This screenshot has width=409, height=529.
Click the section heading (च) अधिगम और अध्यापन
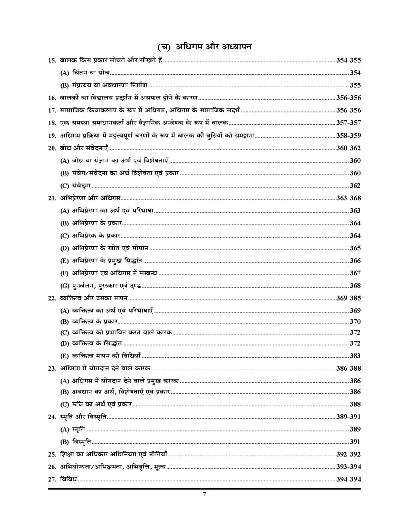click(x=204, y=47)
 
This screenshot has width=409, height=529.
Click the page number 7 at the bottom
click(x=204, y=494)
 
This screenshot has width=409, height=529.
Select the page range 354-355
click(x=348, y=60)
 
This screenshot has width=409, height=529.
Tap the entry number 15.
click(x=52, y=61)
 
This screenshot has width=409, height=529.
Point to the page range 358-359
click(x=348, y=136)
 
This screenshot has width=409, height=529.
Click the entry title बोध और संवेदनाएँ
click(x=84, y=148)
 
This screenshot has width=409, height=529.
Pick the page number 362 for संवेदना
click(x=355, y=185)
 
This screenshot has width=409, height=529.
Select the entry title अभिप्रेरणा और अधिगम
click(x=90, y=198)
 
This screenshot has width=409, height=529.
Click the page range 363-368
click(x=348, y=198)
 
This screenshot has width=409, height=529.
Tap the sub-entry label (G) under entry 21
click(x=65, y=286)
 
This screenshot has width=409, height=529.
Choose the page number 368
click(x=355, y=286)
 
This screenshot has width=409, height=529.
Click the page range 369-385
click(x=348, y=298)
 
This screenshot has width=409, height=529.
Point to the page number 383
click(x=355, y=356)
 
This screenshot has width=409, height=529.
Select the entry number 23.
click(x=52, y=369)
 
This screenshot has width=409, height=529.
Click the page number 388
click(x=355, y=404)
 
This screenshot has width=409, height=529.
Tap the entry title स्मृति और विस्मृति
click(x=83, y=417)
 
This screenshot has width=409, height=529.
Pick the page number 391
click(x=355, y=442)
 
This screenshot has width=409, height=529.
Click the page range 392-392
click(x=348, y=454)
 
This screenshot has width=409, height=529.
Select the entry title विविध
click(x=68, y=479)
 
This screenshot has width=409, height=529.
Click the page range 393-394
click(x=348, y=467)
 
